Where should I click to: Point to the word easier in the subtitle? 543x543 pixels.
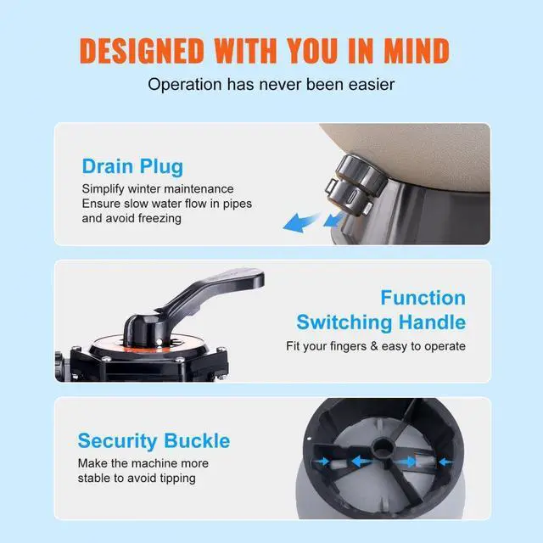coord(368,84)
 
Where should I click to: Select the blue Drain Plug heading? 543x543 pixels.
coord(132,165)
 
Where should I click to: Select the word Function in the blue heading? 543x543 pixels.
coord(423,298)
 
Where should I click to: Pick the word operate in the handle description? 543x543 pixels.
coord(442,346)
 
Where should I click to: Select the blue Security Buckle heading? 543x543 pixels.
coord(154,441)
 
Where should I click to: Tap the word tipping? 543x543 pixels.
coord(173,478)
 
